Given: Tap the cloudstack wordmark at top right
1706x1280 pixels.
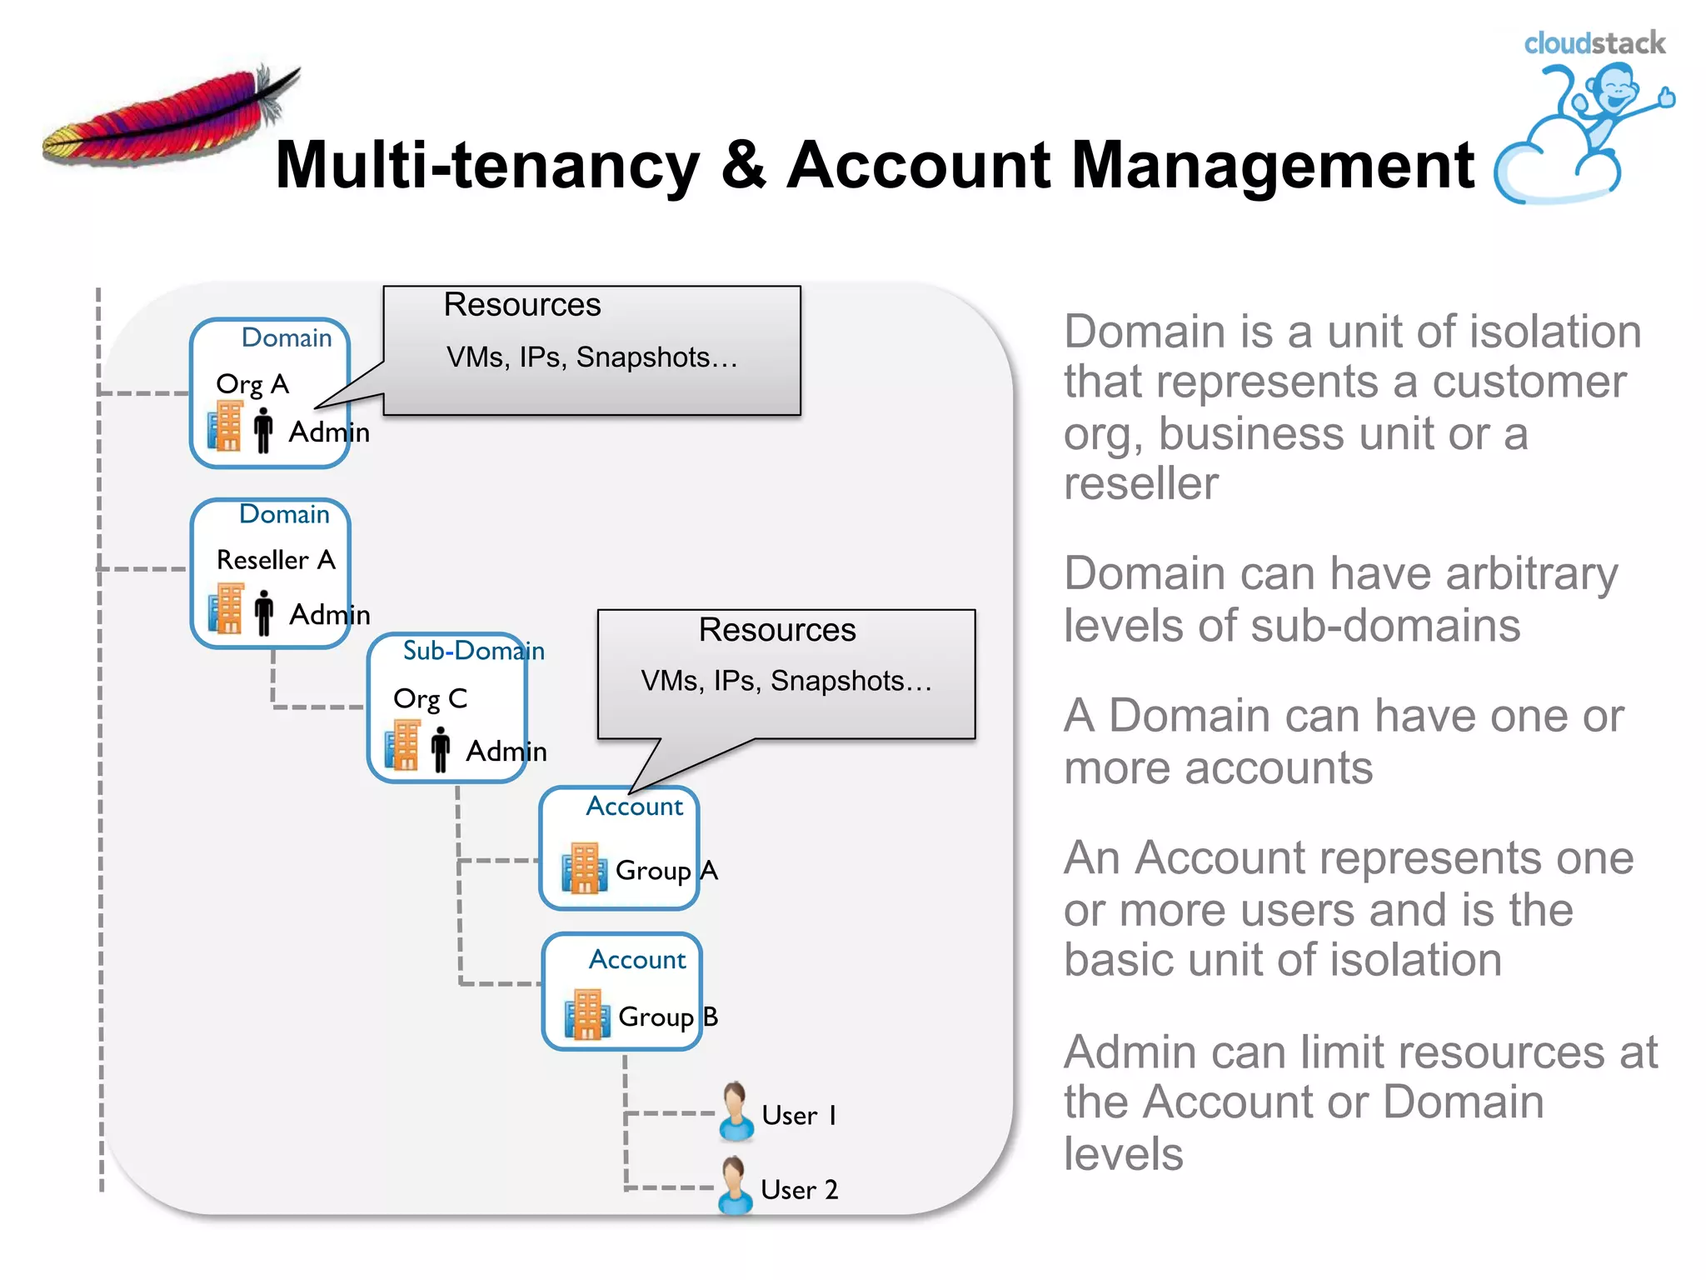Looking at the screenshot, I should click(1594, 43).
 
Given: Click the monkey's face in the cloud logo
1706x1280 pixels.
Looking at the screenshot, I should click(1615, 87).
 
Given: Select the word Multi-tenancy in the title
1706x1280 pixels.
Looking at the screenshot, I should click(487, 165).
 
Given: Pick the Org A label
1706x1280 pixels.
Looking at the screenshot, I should click(252, 384).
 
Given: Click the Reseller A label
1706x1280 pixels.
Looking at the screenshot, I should click(276, 559).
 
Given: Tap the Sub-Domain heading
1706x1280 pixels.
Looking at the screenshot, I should click(473, 651).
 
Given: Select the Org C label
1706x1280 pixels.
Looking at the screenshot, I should click(430, 698).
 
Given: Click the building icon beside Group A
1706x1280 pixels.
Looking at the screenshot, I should click(583, 867).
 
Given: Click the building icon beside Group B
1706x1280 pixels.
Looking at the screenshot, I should click(586, 1014).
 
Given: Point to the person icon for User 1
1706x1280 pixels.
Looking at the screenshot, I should click(736, 1112).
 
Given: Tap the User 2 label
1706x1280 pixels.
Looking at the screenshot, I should click(799, 1189).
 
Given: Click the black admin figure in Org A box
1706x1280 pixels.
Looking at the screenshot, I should click(263, 429).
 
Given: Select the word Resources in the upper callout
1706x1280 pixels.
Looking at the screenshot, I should click(521, 305).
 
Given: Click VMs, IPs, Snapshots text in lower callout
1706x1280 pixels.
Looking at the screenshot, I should click(786, 681).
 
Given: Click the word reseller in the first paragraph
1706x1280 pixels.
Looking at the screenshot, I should click(1140, 483).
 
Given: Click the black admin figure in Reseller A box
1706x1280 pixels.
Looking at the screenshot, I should click(264, 612).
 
